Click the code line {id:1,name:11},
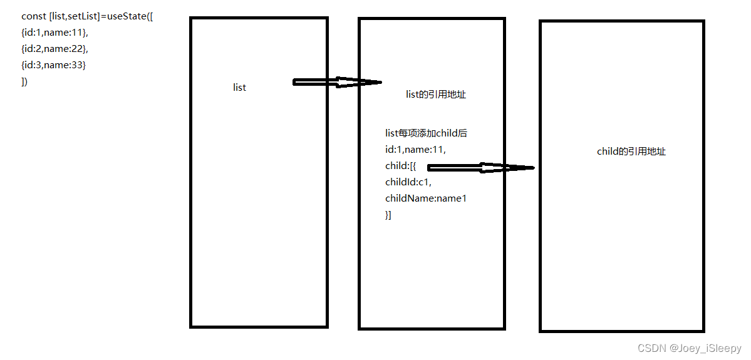[x=55, y=32]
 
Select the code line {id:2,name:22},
[x=55, y=48]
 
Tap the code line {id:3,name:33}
[x=53, y=64]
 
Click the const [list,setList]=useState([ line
[x=87, y=16]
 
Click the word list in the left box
[x=239, y=88]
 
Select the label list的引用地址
[x=435, y=95]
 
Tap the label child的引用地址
[x=631, y=151]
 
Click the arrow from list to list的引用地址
[x=337, y=82]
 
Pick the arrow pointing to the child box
[x=480, y=167]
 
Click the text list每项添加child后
[x=426, y=133]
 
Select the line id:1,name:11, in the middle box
[x=415, y=150]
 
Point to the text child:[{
[x=400, y=166]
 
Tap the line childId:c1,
[x=408, y=182]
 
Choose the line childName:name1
[x=426, y=198]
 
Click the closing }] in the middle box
[x=388, y=215]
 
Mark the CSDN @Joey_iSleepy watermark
[x=689, y=348]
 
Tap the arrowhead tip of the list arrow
[x=380, y=82]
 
